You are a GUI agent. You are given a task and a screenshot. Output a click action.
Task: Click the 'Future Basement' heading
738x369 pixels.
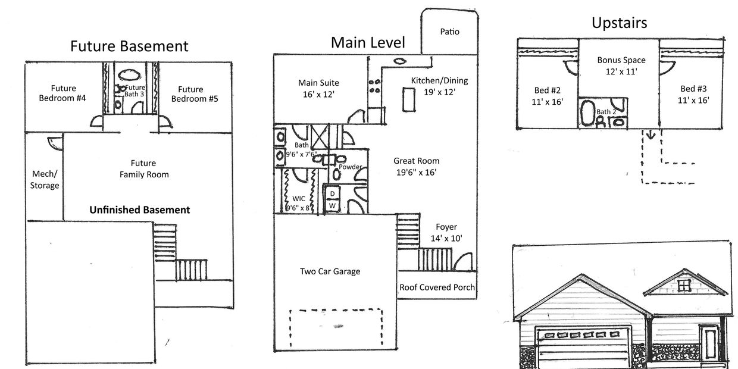(x=129, y=46)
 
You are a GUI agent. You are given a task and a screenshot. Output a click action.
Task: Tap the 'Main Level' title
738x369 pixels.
(x=368, y=42)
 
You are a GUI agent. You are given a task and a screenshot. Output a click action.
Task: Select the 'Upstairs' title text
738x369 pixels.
(x=620, y=23)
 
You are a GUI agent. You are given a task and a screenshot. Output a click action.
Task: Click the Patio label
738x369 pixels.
(x=450, y=32)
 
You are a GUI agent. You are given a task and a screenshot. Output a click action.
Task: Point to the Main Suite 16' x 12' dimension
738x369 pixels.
(x=318, y=95)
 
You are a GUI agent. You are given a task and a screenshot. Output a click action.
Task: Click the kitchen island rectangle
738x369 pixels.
(x=409, y=99)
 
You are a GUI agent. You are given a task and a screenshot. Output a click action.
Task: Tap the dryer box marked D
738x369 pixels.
(x=333, y=193)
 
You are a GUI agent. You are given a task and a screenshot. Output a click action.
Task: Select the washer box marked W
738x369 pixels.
(x=333, y=205)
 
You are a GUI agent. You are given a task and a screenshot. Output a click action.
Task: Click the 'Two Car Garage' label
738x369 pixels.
(x=330, y=271)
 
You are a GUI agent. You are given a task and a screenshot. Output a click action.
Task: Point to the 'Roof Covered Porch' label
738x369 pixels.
(x=437, y=287)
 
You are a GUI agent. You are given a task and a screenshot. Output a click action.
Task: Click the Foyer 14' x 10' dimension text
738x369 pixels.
(x=446, y=238)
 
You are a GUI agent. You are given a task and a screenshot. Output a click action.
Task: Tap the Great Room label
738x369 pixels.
(x=417, y=161)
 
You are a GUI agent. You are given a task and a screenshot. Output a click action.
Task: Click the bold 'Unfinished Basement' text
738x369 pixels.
(x=140, y=210)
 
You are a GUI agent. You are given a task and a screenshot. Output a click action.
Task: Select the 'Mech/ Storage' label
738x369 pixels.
(x=45, y=180)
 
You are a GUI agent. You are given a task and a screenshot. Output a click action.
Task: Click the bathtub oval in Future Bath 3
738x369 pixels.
(x=130, y=75)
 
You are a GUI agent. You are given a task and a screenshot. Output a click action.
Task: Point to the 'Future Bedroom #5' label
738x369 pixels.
(x=195, y=94)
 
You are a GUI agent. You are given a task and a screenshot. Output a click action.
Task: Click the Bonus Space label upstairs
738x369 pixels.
(x=621, y=60)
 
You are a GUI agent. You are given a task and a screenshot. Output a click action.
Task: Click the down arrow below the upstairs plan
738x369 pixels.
(x=651, y=135)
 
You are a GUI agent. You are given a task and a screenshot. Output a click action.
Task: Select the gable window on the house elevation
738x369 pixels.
(x=684, y=285)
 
